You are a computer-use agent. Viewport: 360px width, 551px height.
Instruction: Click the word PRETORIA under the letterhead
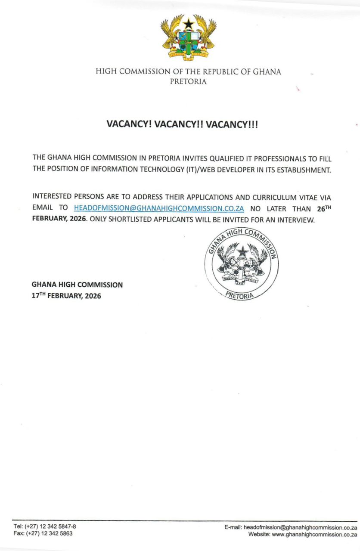click(189, 81)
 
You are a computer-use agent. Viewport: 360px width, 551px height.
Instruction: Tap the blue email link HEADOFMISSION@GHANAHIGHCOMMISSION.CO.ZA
click(159, 208)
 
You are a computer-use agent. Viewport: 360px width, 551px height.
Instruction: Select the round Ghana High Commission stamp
click(242, 264)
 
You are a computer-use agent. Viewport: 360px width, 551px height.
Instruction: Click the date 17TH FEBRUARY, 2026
click(66, 296)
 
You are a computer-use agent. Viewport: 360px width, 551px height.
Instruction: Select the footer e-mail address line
click(291, 527)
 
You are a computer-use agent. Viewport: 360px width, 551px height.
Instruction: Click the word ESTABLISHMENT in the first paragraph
click(302, 170)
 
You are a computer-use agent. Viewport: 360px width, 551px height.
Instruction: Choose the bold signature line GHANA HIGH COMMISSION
click(77, 285)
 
